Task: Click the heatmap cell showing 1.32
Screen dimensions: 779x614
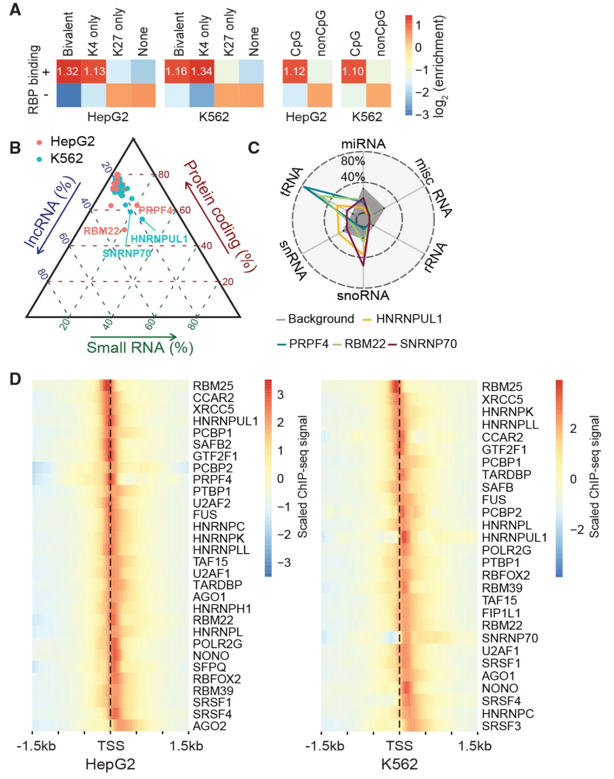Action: [68, 72]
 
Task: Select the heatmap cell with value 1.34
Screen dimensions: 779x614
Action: [201, 72]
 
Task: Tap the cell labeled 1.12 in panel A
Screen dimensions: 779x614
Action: [294, 72]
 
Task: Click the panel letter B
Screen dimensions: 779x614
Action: [15, 148]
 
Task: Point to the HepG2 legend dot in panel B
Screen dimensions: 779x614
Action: [39, 142]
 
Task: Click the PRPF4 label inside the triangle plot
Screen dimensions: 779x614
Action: [156, 210]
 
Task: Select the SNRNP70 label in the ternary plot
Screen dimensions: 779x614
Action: [126, 253]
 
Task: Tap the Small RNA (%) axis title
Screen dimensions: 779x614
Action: [140, 348]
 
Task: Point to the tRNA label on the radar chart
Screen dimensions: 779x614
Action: [292, 181]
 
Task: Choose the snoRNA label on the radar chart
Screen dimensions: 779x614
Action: [363, 296]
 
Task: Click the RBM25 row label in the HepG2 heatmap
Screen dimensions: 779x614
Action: [213, 387]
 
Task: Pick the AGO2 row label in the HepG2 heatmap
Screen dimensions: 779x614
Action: [210, 725]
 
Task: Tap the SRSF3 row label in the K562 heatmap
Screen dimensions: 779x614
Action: [501, 726]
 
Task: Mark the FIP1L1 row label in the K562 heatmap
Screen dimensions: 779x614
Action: [501, 613]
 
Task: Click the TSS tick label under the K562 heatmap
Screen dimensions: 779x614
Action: [399, 746]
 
